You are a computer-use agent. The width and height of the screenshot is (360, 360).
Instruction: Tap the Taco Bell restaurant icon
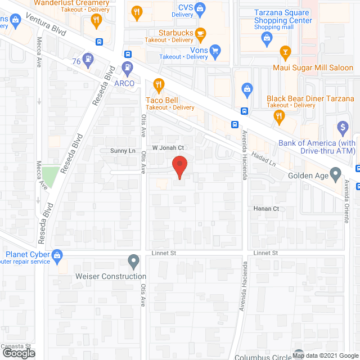[159, 85]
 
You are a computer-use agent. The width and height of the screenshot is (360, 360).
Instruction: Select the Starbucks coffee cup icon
[200, 34]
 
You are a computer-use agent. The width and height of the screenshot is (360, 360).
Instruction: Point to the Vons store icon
[214, 50]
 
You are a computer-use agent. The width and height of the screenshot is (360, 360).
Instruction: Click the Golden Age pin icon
[336, 174]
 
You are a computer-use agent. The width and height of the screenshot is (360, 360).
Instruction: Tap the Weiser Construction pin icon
[133, 261]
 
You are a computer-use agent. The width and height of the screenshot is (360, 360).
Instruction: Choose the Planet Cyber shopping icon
[57, 255]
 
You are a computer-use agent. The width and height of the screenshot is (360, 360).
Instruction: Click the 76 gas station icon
[88, 58]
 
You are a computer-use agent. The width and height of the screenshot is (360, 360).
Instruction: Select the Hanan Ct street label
[267, 209]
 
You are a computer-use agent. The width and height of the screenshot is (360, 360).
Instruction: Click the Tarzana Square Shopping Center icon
[267, 37]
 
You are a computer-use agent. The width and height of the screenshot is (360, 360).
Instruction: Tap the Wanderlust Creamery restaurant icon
[96, 20]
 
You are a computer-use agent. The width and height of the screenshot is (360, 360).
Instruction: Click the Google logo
[18, 353]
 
